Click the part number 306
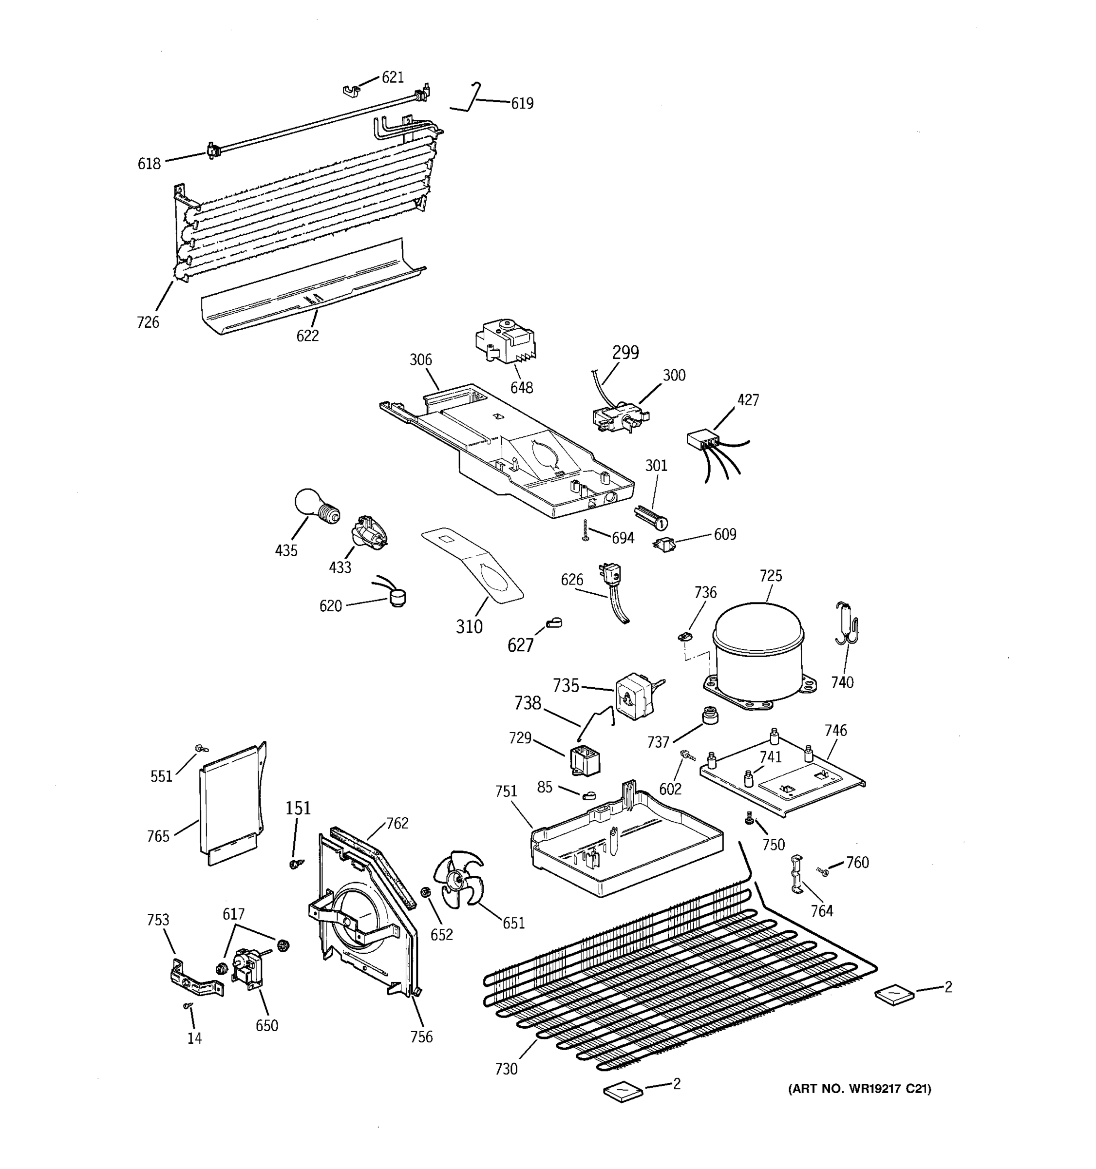tap(420, 360)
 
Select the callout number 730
tap(506, 1069)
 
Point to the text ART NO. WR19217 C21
tap(859, 1089)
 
